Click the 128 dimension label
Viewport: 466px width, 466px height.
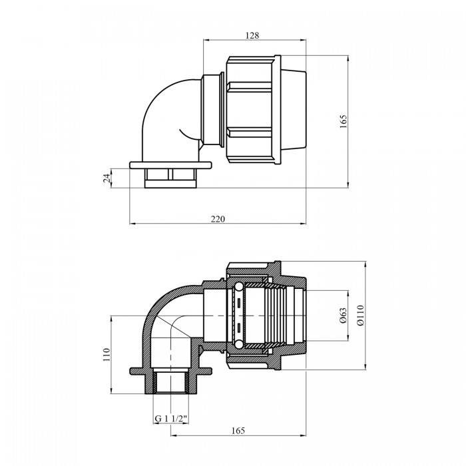(x=252, y=35)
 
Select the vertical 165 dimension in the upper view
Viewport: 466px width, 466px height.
(x=344, y=121)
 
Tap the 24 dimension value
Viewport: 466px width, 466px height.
(x=107, y=178)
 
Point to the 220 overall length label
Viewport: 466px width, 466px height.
(x=218, y=219)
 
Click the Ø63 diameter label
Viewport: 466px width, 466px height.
(x=344, y=316)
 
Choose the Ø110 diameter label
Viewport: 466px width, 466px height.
(x=361, y=316)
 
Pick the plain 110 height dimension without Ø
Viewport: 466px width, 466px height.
(x=107, y=355)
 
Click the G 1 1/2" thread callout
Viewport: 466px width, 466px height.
(x=171, y=419)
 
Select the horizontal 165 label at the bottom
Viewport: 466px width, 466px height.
(x=238, y=431)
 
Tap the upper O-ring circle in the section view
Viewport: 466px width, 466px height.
(x=238, y=287)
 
